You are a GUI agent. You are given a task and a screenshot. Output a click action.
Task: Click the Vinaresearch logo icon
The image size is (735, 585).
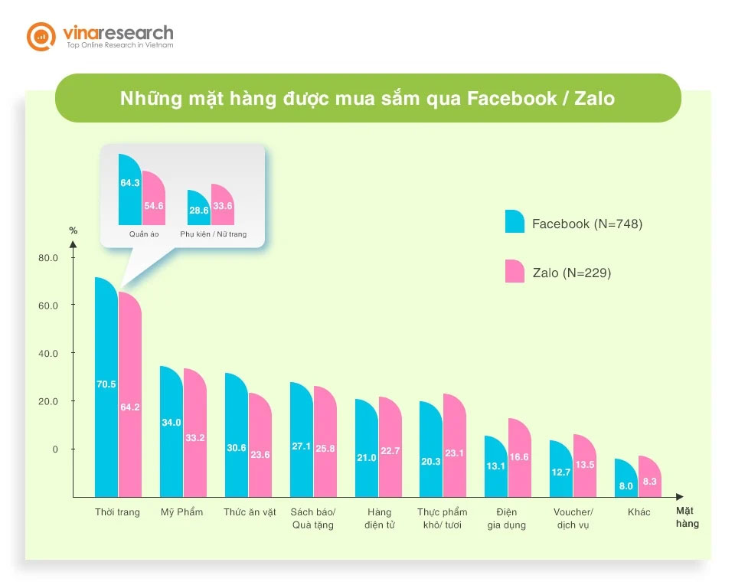[41, 36]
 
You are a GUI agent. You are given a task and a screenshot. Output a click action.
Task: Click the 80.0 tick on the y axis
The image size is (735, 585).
[48, 258]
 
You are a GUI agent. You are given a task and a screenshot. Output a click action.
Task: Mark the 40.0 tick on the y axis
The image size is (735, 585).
[48, 354]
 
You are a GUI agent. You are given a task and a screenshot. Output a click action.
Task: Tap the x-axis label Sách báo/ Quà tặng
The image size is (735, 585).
[313, 518]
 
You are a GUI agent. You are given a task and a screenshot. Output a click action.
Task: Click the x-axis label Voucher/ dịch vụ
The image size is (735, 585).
[573, 518]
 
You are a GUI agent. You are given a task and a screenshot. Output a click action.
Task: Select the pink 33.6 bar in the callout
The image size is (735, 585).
[222, 204]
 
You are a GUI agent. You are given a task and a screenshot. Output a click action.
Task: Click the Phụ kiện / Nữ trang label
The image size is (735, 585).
[214, 234]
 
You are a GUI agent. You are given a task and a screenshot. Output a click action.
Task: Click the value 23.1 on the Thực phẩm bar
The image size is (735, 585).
[455, 453]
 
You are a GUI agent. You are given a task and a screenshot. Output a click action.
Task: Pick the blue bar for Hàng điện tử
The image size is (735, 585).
[367, 448]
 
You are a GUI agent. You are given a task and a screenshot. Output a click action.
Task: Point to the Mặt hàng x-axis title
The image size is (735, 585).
[687, 517]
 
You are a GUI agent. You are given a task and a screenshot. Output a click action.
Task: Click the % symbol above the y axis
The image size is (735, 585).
[73, 230]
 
